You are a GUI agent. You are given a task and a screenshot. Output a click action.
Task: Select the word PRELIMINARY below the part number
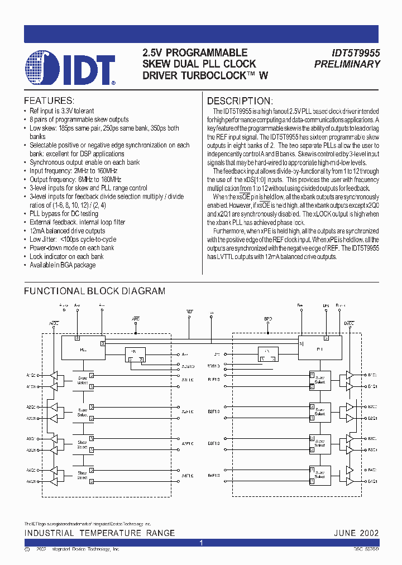(x=347, y=64)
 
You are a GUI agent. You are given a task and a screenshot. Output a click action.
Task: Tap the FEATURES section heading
(x=49, y=100)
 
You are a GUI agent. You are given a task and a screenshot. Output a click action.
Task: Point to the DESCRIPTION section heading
(x=240, y=101)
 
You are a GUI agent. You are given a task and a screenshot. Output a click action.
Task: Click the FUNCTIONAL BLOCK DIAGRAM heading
(x=94, y=291)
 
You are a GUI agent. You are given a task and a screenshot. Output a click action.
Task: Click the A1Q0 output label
(x=31, y=375)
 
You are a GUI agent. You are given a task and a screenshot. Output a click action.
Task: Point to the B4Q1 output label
(x=372, y=480)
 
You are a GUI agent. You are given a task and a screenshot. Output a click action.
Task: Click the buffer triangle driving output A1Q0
(x=54, y=375)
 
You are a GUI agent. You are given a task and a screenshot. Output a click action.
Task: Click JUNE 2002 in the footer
(x=356, y=533)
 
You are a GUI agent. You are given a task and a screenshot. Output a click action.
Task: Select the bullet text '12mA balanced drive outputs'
(x=67, y=231)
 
